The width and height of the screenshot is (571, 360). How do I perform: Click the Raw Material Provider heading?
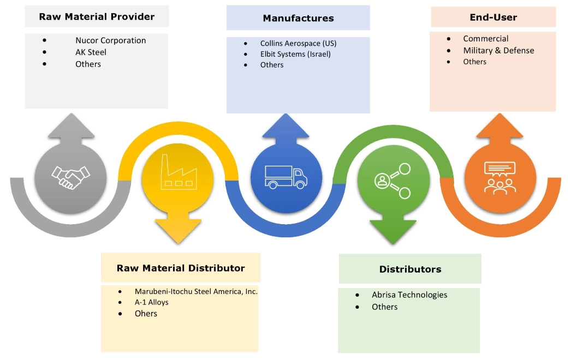[x=97, y=17]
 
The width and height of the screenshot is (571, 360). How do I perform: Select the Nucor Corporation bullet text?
[x=111, y=40]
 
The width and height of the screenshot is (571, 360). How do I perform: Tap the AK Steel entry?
[x=91, y=52]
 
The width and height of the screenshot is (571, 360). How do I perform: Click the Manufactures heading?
[x=298, y=18]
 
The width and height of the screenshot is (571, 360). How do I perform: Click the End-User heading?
[x=493, y=17]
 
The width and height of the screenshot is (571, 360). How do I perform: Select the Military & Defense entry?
[x=498, y=50]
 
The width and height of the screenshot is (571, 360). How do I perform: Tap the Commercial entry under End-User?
[x=486, y=39]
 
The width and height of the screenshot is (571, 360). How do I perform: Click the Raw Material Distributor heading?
[x=181, y=268]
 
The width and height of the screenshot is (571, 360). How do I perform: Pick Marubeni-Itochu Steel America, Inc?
[x=196, y=291]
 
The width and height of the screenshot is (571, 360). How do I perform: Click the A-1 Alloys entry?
[x=152, y=302]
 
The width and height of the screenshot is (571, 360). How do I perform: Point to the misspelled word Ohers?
[x=146, y=314]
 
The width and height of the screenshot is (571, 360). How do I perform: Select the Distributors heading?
[x=410, y=269]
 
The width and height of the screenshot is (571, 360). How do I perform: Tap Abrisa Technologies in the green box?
[x=409, y=295]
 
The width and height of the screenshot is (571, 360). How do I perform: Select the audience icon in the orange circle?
[x=499, y=177]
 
